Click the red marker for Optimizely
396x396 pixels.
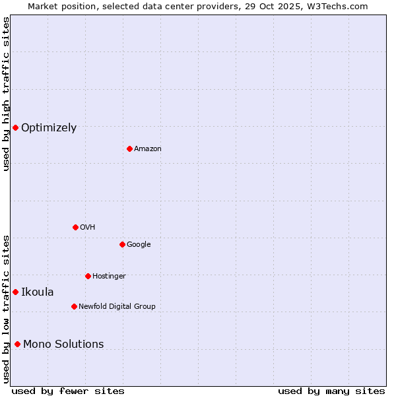coord(15,127)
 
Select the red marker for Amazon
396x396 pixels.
coord(129,148)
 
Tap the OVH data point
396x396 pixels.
coord(75,227)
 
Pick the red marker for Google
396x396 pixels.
coord(122,244)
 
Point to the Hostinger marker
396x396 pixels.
coord(88,276)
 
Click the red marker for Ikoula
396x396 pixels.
coord(15,292)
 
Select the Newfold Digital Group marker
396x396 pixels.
coord(74,306)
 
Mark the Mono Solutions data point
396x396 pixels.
coord(17,344)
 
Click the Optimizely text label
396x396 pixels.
coord(49,128)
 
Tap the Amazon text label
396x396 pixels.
coord(148,149)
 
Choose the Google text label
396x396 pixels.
coord(139,245)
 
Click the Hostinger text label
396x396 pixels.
coord(109,277)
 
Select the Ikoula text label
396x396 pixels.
coord(38,292)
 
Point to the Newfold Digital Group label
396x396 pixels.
coord(117,307)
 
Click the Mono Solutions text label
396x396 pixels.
coord(63,345)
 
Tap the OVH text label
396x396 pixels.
coord(88,228)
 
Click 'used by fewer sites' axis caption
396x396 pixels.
coord(68,391)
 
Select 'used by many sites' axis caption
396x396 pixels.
coord(331,391)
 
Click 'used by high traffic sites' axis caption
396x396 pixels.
coord(6,94)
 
